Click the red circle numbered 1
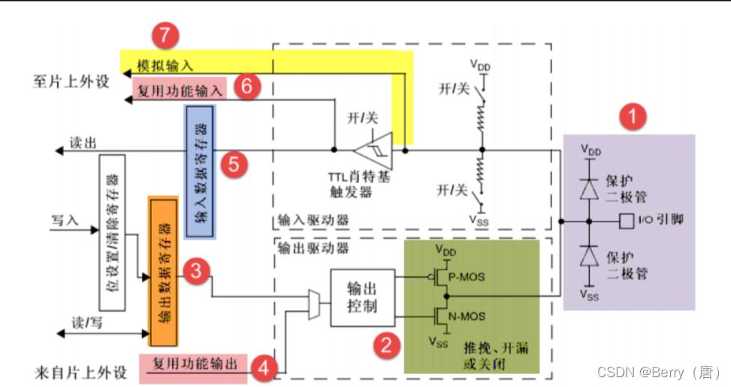632,117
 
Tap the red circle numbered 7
165,36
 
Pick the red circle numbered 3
195,272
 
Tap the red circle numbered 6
246,86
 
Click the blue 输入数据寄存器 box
200,172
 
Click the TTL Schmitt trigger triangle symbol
374,150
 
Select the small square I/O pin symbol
623,221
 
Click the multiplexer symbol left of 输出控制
314,306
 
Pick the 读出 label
83,142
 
